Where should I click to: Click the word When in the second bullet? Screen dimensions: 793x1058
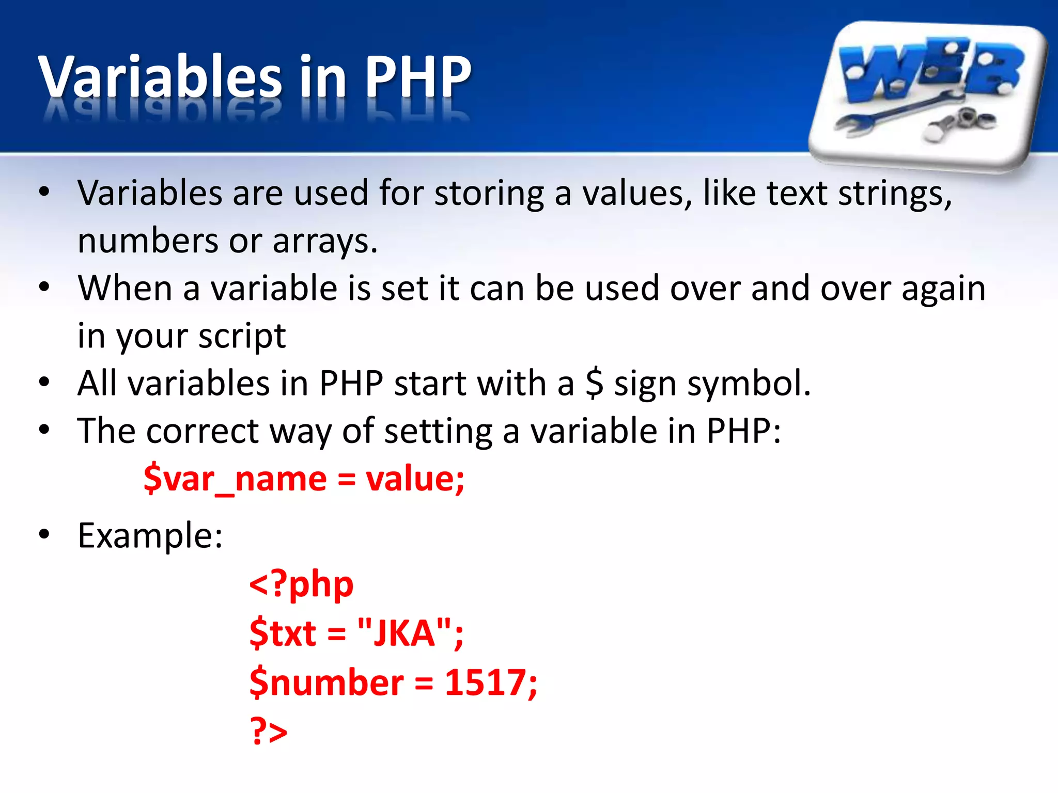click(125, 288)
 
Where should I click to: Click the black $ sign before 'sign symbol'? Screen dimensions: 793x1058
click(594, 384)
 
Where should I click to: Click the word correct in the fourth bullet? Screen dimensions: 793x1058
click(202, 431)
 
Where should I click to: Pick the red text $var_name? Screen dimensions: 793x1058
click(235, 479)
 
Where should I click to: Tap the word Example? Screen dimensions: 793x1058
click(150, 535)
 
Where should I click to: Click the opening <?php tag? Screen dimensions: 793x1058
click(301, 585)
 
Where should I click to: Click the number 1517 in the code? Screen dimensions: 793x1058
click(485, 683)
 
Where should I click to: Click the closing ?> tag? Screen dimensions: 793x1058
click(268, 731)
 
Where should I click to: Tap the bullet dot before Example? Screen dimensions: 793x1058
click(44, 534)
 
